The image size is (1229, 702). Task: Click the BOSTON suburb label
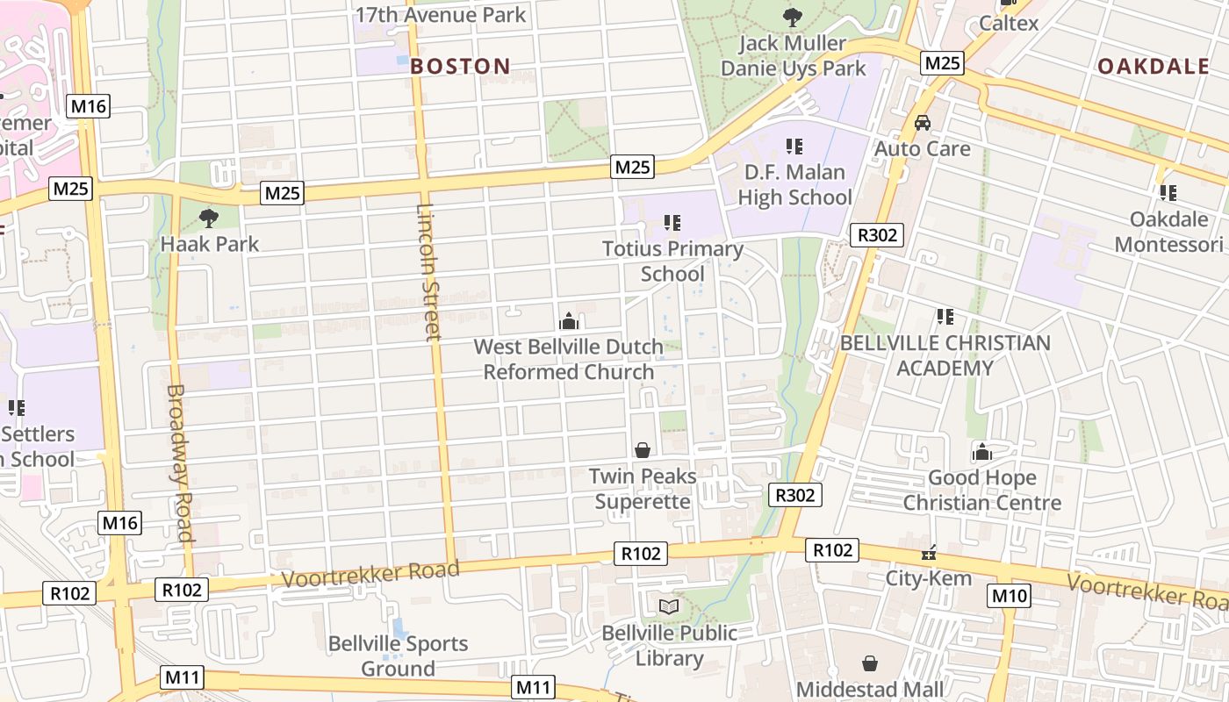[x=460, y=66]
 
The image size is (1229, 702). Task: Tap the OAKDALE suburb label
[x=1153, y=67]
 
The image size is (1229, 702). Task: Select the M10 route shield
[x=1009, y=596]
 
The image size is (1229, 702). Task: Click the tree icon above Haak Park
[x=209, y=217]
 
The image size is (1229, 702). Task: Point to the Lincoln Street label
[x=427, y=272]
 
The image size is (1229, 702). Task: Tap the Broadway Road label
[x=179, y=462]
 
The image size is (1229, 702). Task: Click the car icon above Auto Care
[x=923, y=123]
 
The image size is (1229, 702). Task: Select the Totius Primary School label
[x=672, y=261]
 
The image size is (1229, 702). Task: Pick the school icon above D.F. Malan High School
[x=794, y=146]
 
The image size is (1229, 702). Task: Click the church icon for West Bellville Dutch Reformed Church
[x=569, y=321]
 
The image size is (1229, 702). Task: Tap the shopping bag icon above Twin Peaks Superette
[x=643, y=450]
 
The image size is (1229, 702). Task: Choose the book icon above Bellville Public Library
[x=669, y=606]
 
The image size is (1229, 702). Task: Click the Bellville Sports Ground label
[x=399, y=655]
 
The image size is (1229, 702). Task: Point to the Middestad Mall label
[x=870, y=689]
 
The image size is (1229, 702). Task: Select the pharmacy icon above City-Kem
[x=928, y=553]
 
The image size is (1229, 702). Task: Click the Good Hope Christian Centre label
[x=981, y=491]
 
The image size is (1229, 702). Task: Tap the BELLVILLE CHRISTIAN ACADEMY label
[x=945, y=355]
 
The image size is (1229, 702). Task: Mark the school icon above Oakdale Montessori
[x=1168, y=192]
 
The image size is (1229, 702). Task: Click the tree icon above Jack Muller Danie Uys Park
[x=793, y=17]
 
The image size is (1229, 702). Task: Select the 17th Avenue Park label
[x=441, y=15]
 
